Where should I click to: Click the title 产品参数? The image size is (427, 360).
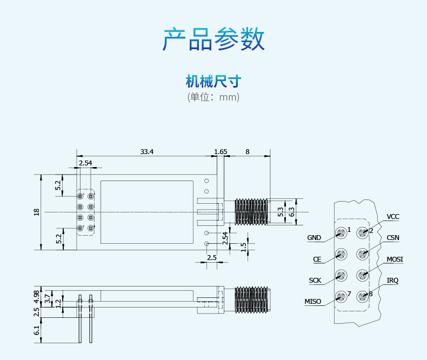point(213,39)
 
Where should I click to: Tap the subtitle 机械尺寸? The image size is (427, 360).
point(213,82)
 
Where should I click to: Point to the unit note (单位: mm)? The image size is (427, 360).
point(213,97)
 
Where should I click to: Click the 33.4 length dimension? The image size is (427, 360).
point(147,152)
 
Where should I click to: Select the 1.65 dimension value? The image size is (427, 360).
point(221,152)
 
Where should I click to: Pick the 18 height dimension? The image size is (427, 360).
point(37,212)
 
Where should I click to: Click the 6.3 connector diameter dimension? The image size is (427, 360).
point(292,212)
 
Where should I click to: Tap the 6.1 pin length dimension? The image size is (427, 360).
point(37,330)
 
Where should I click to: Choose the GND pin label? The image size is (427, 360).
point(314,238)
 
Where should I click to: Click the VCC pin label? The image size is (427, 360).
point(393,217)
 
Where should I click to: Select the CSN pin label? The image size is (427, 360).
point(393,238)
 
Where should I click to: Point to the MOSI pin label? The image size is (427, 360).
point(395,259)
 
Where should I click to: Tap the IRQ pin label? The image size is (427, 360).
point(393,281)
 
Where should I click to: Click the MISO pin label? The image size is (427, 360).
point(313,302)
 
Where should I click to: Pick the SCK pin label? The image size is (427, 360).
point(315,281)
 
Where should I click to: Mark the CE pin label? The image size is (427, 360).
point(317,259)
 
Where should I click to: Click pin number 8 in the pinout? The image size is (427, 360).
point(371,294)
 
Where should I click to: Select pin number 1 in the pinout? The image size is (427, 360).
point(349,230)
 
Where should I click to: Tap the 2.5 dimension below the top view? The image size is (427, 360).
point(212,258)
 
